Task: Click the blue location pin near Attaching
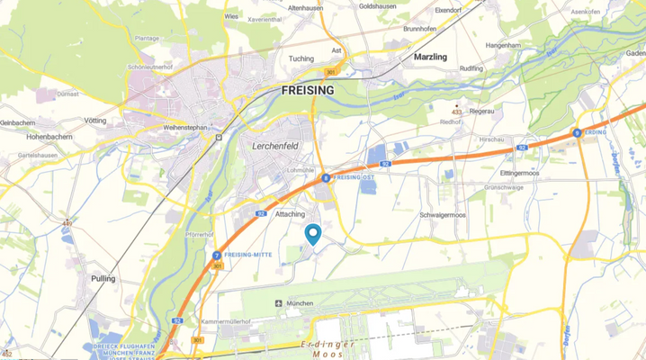tap(313, 234)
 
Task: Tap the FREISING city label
tap(307, 91)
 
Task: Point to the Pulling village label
tap(103, 279)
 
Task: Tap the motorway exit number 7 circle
tap(217, 256)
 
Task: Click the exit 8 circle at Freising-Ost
tap(325, 178)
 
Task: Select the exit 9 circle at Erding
tap(577, 132)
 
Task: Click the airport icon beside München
tap(278, 303)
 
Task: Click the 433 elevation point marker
tap(457, 107)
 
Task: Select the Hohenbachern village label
tap(31, 139)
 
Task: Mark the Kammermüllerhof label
tap(233, 321)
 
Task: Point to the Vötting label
tap(94, 121)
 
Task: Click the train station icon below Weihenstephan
tap(218, 138)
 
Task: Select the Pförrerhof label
tap(199, 234)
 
